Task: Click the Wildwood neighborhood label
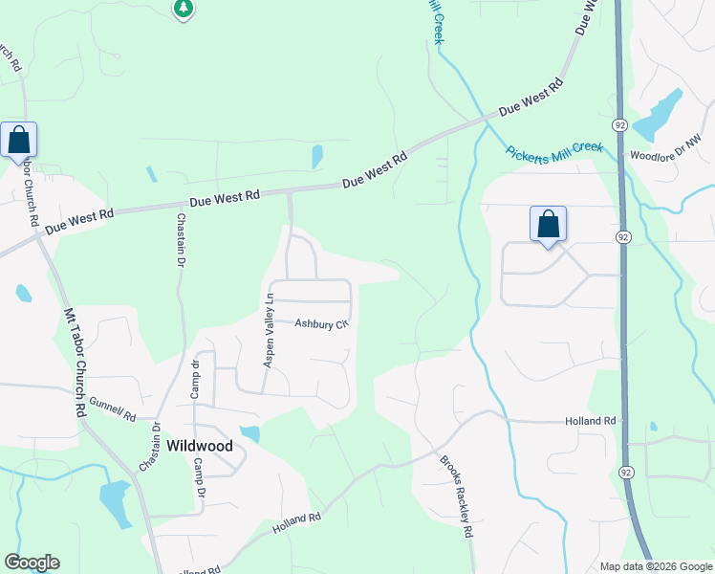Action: [x=200, y=446]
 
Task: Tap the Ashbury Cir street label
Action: [x=319, y=324]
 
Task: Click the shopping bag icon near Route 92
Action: [x=548, y=224]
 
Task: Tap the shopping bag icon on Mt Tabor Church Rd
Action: [x=18, y=140]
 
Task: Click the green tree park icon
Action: [x=184, y=9]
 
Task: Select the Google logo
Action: [x=32, y=563]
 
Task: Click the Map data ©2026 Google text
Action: [x=655, y=566]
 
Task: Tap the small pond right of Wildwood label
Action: [x=250, y=434]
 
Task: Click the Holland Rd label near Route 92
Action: [x=589, y=421]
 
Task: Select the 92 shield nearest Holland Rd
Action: [x=625, y=473]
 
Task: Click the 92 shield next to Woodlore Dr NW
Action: [x=618, y=124]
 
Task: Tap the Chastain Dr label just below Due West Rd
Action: [x=181, y=240]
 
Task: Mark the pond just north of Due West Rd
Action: [x=316, y=155]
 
